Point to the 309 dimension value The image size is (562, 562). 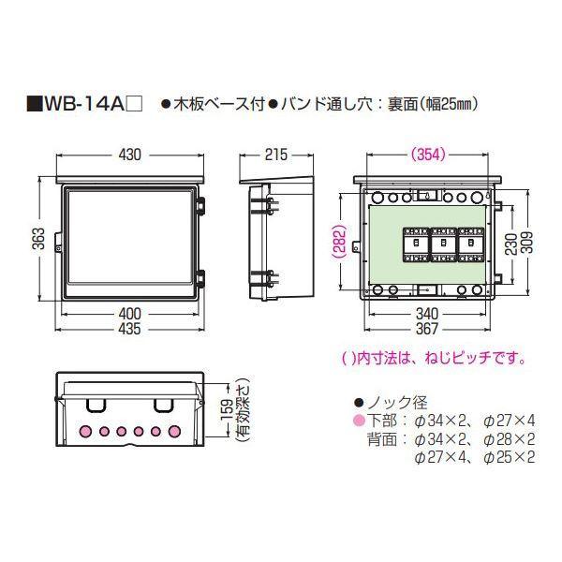531,243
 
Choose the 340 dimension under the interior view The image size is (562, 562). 426,313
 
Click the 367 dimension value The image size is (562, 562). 426,329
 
